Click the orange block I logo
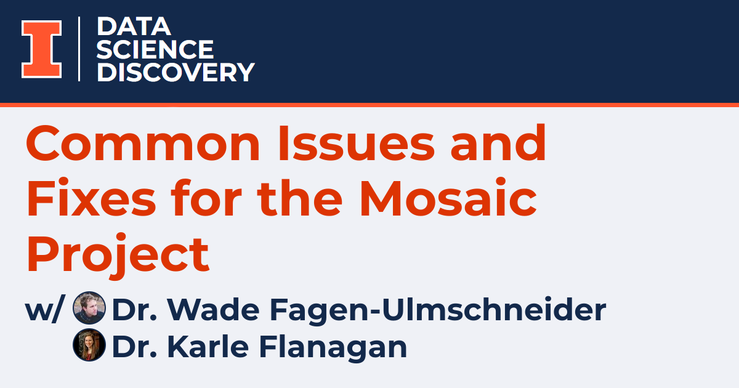(x=41, y=49)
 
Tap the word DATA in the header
(x=134, y=27)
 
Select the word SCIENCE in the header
(x=155, y=49)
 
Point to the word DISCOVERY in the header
(x=176, y=72)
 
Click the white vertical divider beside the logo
(x=79, y=49)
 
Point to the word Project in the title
(x=118, y=256)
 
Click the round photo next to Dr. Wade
(x=89, y=308)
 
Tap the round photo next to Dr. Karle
(x=89, y=345)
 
